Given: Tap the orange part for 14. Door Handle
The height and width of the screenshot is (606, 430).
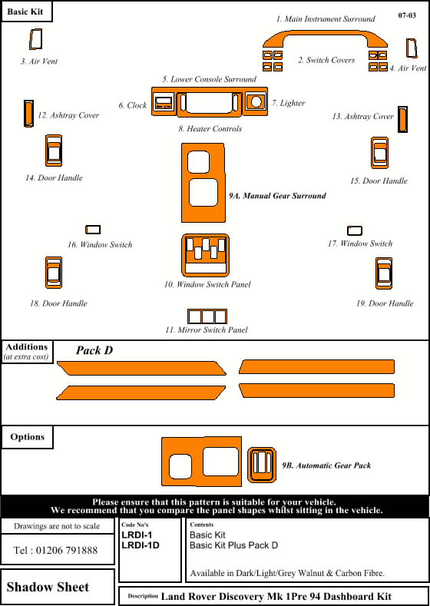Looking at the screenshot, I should (x=53, y=151).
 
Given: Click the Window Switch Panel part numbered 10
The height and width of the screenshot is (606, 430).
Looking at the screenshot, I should (x=205, y=255).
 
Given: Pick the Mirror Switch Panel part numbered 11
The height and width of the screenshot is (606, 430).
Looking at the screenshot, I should (x=207, y=316).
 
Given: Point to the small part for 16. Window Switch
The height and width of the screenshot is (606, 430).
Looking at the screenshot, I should (x=93, y=229).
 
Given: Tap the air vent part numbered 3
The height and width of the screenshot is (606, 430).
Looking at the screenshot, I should (x=35, y=39).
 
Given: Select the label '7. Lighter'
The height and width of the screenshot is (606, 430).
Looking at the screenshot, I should (x=288, y=103).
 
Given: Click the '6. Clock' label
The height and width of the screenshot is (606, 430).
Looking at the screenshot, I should (x=132, y=105).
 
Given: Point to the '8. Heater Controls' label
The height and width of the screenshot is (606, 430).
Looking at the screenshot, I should (x=210, y=129).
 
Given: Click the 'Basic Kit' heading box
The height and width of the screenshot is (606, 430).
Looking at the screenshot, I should (x=27, y=13).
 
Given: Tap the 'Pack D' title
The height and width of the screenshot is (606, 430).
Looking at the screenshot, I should (x=94, y=350).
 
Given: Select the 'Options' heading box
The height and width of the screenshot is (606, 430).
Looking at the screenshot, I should (x=27, y=437).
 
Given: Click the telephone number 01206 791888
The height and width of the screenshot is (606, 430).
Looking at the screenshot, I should (x=55, y=551).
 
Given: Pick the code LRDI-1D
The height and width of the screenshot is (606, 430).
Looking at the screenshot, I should (x=141, y=545).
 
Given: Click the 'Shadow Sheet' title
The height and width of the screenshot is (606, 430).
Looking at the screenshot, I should (x=48, y=587).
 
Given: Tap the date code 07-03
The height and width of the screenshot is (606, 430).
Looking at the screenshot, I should (x=408, y=15).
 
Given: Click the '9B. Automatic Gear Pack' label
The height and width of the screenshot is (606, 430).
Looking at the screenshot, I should (x=326, y=465).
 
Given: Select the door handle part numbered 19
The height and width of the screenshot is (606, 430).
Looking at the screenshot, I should (x=384, y=275).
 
